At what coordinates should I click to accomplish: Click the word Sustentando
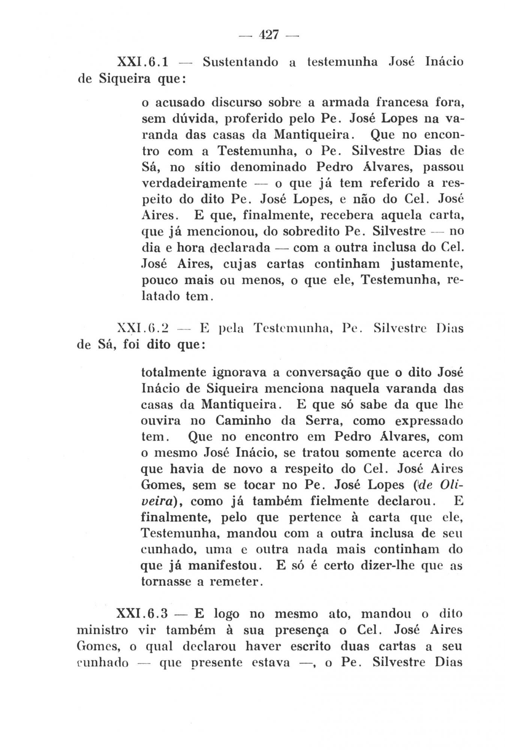pyautogui.click(x=240, y=62)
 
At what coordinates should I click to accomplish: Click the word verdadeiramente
pyautogui.click(x=194, y=183)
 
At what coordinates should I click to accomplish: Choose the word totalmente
pyautogui.click(x=173, y=372)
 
